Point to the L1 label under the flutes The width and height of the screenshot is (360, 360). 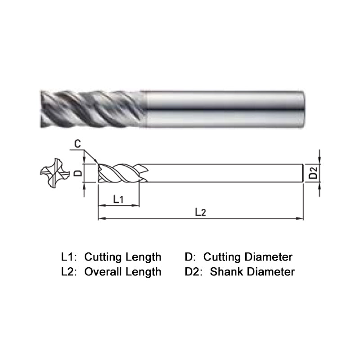[x=118, y=198]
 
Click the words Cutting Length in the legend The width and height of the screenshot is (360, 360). [x=123, y=257]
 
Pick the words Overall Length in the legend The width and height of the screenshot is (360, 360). [x=123, y=271]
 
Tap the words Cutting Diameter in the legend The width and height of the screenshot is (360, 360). [x=248, y=257]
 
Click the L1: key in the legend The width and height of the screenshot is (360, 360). [x=69, y=257]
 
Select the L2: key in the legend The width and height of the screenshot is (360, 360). [x=69, y=271]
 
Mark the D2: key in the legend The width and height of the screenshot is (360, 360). [x=194, y=271]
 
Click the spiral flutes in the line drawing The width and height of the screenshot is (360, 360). [x=119, y=173]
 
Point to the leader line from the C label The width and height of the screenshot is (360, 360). [x=90, y=155]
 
